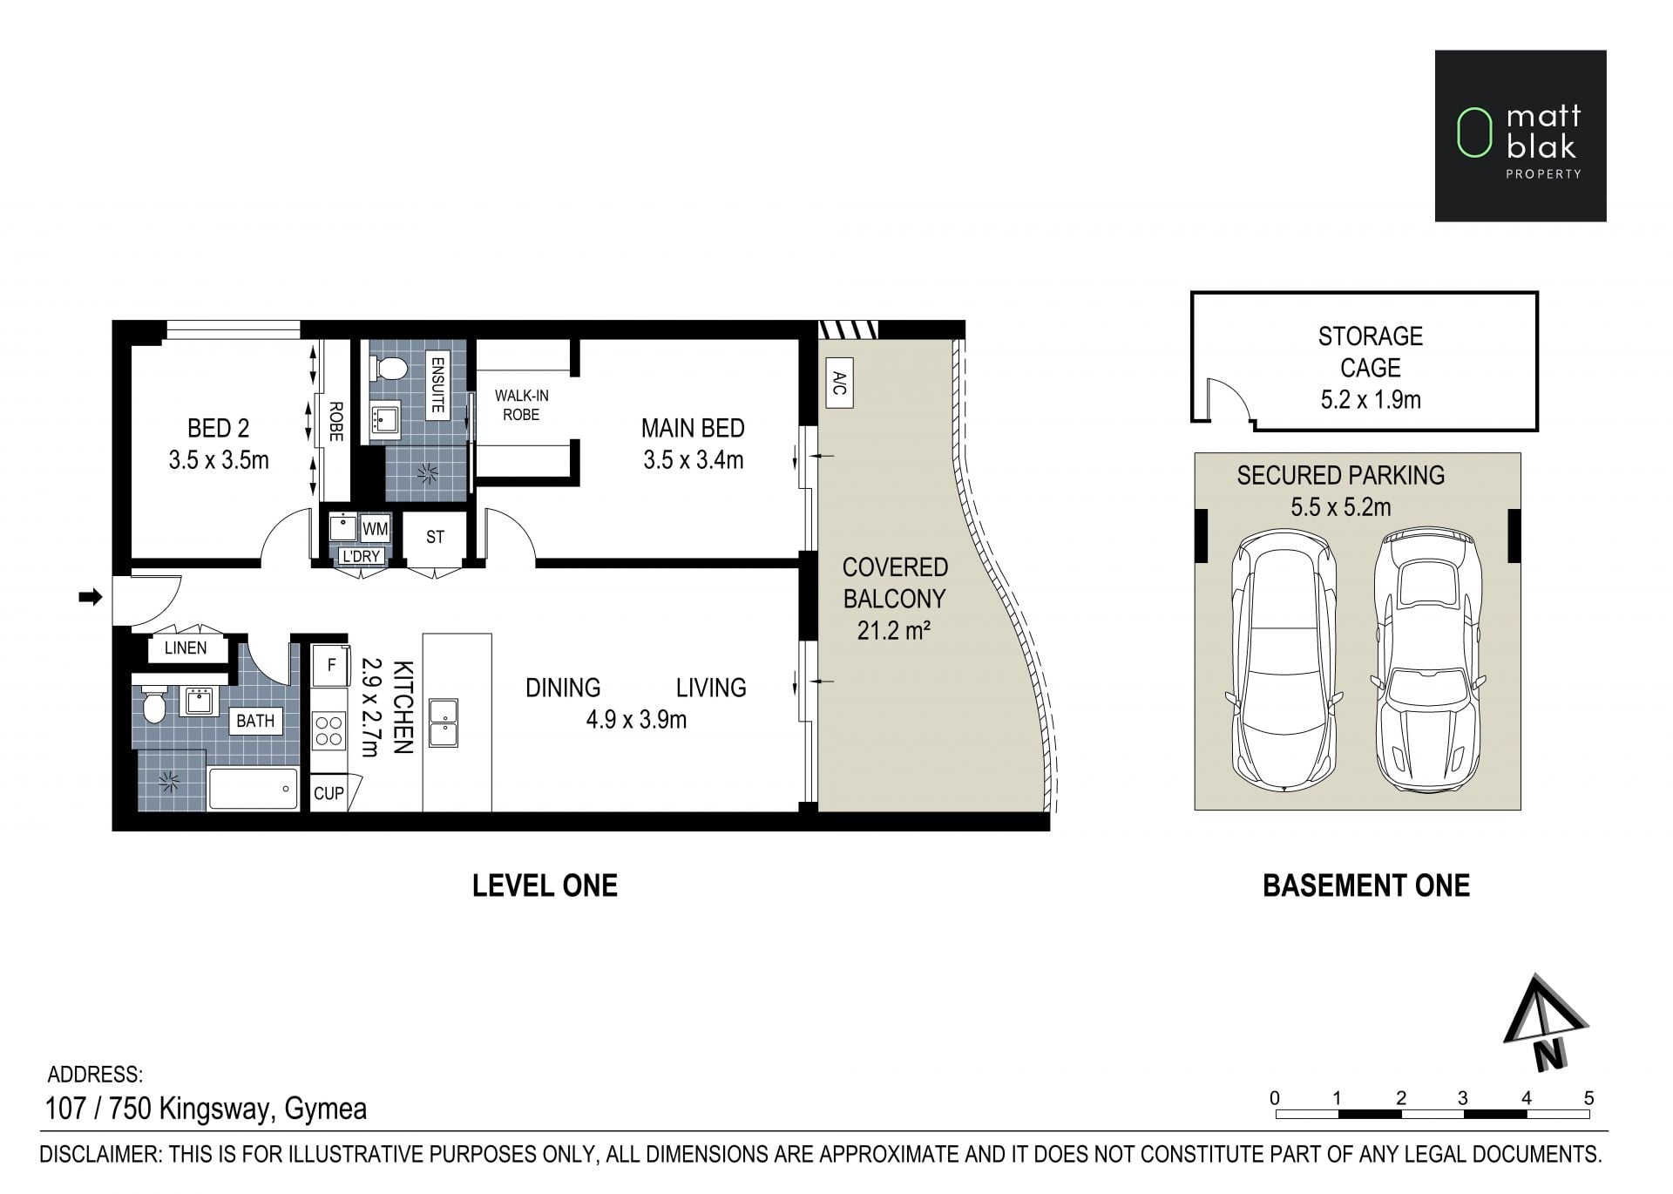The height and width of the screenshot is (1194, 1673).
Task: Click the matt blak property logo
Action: [x=1521, y=136]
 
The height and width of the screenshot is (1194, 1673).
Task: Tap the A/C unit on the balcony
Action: [x=839, y=383]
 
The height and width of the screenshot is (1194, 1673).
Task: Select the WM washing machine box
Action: [x=375, y=529]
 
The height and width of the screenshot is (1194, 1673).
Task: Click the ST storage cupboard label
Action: [x=435, y=538]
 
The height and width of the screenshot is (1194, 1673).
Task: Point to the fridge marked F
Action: [x=331, y=665]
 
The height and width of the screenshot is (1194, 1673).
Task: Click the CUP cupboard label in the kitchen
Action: [x=329, y=793]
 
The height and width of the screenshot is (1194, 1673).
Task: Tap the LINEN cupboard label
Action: [x=186, y=648]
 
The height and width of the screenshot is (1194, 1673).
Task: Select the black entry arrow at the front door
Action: [x=91, y=597]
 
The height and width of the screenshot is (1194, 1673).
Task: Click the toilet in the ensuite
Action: [x=389, y=370]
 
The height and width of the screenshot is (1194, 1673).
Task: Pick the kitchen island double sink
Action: [x=444, y=723]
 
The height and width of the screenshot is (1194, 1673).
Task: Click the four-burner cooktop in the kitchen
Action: [x=329, y=730]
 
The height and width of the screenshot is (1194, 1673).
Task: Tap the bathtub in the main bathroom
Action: [x=254, y=789]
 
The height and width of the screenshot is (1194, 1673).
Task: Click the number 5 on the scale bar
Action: [x=1588, y=1098]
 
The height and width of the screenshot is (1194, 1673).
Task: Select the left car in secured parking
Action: [x=1284, y=660]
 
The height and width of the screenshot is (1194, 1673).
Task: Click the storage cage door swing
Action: [x=1229, y=397]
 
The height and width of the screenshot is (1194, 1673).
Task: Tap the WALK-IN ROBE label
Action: [x=521, y=405]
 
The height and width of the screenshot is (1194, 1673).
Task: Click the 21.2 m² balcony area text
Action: [x=894, y=630]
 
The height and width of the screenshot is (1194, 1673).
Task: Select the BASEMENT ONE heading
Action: [x=1366, y=885]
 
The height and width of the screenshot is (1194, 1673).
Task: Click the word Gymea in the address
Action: [x=326, y=1109]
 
